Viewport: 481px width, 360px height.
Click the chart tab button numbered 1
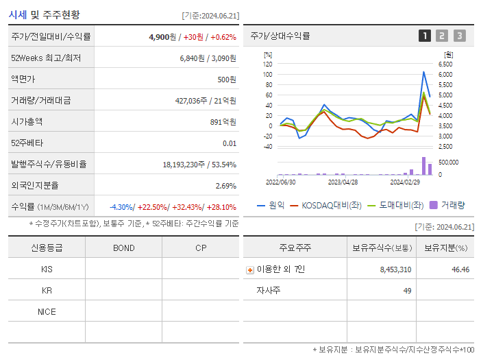click(425, 36)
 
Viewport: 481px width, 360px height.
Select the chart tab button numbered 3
click(459, 36)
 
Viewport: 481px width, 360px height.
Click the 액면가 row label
click(23, 79)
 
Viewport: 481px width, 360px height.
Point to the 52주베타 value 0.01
click(230, 143)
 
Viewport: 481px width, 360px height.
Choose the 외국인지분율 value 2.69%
click(225, 185)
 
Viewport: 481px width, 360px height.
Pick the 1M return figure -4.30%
click(122, 207)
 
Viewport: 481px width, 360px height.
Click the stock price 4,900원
click(163, 36)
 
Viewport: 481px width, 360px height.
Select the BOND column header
click(123, 248)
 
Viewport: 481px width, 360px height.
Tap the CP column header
click(201, 248)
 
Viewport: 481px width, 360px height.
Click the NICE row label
click(47, 311)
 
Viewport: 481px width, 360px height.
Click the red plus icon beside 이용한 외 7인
click(250, 269)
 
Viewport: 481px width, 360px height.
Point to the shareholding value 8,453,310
click(395, 269)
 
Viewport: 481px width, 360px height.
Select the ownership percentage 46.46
click(460, 269)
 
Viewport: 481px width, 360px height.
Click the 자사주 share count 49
click(407, 291)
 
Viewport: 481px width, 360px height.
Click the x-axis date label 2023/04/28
click(343, 182)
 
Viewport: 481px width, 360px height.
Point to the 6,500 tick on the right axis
click(445, 64)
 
